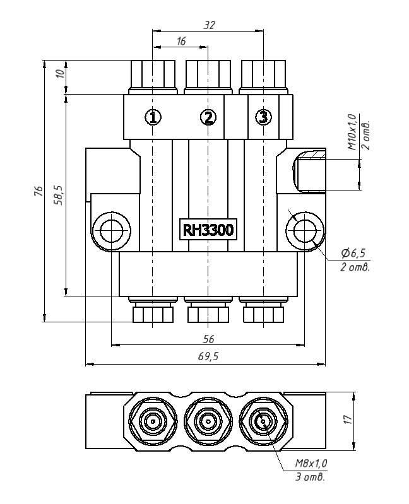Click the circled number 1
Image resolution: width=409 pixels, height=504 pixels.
[153, 117]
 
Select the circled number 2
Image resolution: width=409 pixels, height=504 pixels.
[208, 117]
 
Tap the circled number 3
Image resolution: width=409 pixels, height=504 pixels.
[264, 117]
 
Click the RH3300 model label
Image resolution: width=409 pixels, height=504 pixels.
[208, 230]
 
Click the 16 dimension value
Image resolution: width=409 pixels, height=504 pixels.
[181, 41]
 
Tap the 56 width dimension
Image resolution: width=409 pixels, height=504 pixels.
[208, 339]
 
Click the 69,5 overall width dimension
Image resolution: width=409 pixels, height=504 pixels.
[208, 356]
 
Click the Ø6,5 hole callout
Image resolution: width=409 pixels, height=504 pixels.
[353, 253]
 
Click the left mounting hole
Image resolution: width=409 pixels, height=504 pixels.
[112, 230]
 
